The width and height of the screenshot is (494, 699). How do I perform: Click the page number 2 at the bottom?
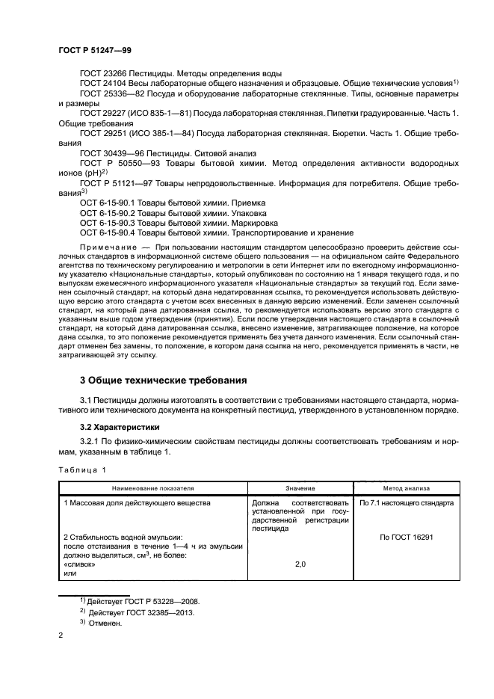click(61, 635)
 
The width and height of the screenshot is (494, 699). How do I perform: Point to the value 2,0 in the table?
click(300, 564)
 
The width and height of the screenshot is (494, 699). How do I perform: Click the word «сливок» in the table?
click(77, 564)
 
